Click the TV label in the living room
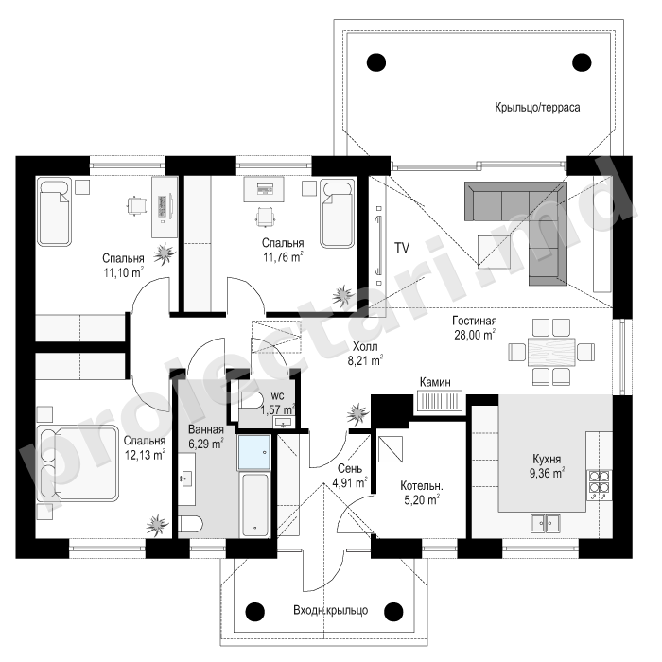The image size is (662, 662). pos(402,248)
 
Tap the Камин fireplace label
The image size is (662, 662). pos(435,382)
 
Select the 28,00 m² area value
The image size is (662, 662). pos(475,335)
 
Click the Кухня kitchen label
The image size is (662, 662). pos(547,459)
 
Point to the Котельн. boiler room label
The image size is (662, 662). pos(422,485)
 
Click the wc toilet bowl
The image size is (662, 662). pos(252,399)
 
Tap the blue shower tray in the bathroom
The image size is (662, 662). pos(254,452)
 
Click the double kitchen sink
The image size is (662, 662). pos(546,524)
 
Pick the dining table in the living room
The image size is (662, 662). pos(551,352)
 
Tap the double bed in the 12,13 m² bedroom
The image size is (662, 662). pos(78,463)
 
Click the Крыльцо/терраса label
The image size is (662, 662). pos(537,107)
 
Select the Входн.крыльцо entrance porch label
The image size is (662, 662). pos(331,610)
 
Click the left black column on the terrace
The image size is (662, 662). pos(375,63)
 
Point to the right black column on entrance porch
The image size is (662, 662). pos(393,611)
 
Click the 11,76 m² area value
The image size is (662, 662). pos(284,256)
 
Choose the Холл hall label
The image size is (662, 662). pos(365,347)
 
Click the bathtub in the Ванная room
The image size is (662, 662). pos(254,505)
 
